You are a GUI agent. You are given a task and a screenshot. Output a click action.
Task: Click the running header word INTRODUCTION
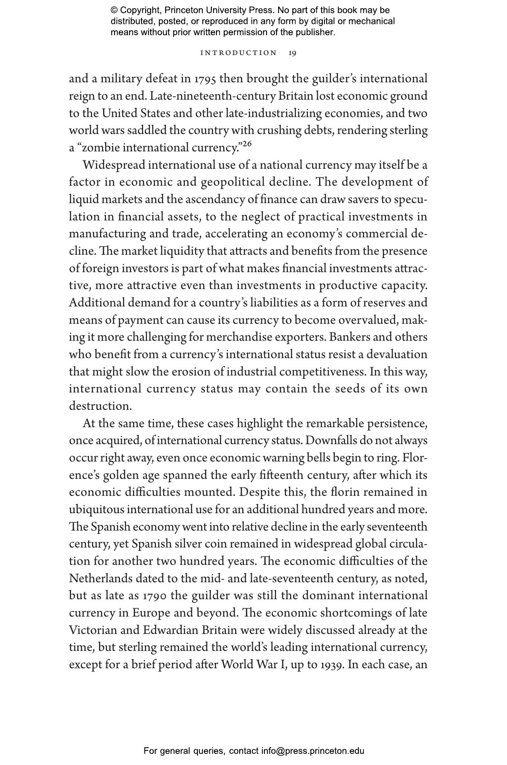click(238, 53)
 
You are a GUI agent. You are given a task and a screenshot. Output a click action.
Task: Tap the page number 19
click(292, 53)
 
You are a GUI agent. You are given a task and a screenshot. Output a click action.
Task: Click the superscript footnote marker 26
click(247, 143)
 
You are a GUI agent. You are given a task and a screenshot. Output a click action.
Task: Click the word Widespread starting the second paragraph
click(114, 165)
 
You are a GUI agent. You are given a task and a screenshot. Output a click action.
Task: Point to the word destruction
click(100, 406)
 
